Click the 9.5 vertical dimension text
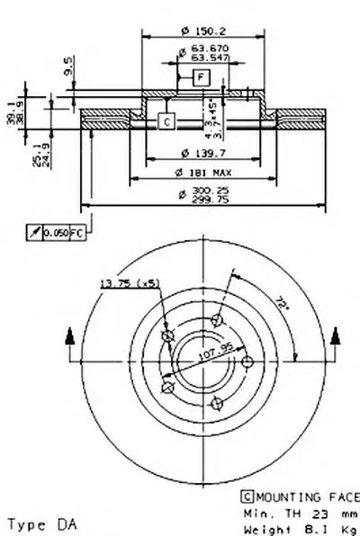69,66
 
